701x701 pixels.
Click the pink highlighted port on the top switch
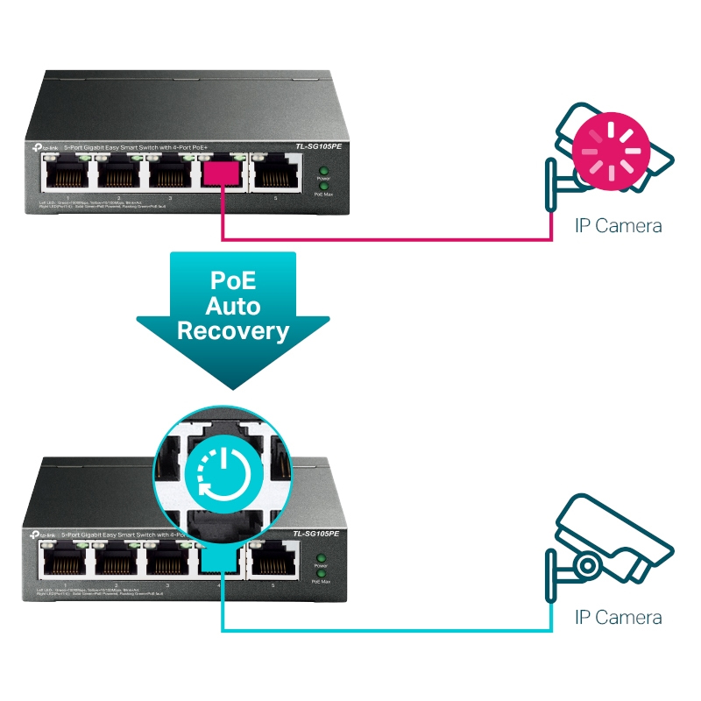click(x=223, y=173)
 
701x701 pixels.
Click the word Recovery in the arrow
click(x=232, y=330)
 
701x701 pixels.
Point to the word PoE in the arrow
click(x=232, y=280)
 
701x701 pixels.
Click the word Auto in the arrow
click(x=232, y=305)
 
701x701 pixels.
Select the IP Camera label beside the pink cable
click(x=618, y=226)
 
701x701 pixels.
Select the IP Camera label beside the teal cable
click(x=618, y=618)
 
